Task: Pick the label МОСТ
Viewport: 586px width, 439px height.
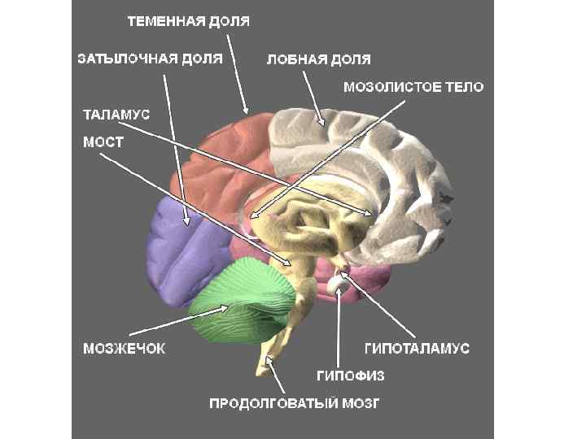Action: point(104,141)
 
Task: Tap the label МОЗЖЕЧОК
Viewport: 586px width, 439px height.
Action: point(124,349)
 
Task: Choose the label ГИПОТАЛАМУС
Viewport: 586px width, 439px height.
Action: point(416,349)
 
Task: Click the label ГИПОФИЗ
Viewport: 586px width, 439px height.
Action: point(350,375)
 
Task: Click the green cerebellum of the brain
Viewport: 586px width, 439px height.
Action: point(244,301)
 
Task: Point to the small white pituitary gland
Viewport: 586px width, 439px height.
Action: point(336,284)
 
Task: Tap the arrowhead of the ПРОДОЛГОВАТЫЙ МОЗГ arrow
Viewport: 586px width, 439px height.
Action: point(271,363)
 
